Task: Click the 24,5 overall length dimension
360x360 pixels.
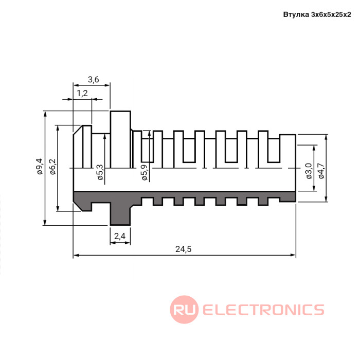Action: click(183, 249)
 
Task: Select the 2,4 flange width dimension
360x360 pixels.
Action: click(120, 236)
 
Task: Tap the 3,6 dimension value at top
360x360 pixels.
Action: click(93, 79)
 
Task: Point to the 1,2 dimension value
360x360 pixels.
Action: click(82, 93)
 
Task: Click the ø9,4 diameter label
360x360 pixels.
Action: click(40, 167)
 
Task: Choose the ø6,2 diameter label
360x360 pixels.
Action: click(52, 167)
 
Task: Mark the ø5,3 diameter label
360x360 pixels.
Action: click(100, 172)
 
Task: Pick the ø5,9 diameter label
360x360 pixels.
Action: click(145, 172)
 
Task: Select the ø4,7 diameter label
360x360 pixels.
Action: click(321, 171)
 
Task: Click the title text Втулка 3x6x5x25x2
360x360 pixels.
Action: click(317, 14)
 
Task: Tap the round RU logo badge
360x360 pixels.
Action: click(184, 310)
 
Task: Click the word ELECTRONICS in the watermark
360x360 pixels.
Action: click(263, 310)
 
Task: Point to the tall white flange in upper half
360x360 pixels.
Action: click(120, 139)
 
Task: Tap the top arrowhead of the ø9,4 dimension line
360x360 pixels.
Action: click(45, 114)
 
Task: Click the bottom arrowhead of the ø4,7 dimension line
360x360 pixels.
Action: click(326, 199)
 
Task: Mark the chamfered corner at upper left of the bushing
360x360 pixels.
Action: click(78, 130)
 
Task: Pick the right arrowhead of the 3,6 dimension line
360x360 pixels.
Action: click(107, 85)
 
